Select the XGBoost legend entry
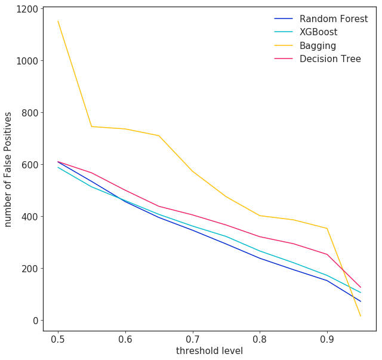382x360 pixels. [318, 32]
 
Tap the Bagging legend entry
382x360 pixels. [318, 45]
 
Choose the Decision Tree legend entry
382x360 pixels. [330, 59]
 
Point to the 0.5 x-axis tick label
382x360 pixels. [58, 338]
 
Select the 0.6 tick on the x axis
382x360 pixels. [125, 338]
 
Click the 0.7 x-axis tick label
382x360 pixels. [192, 338]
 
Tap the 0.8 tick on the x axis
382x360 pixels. [260, 338]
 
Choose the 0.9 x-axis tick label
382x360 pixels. [326, 338]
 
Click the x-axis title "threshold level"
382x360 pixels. [209, 351]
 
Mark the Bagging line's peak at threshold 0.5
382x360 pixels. [58, 21]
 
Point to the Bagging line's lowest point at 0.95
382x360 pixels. [361, 316]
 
